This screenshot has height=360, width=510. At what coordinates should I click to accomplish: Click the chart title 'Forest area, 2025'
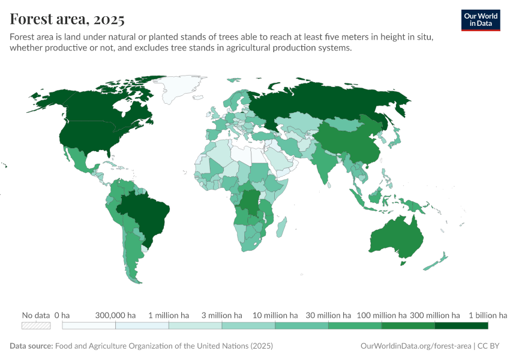(67, 19)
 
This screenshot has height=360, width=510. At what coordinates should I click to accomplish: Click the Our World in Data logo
(480, 20)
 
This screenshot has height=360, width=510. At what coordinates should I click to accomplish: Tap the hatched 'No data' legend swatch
(36, 325)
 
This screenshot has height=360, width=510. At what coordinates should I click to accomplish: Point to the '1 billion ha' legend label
(488, 315)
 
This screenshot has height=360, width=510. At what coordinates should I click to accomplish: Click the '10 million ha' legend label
(275, 315)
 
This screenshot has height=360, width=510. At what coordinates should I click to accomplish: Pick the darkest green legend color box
(461, 325)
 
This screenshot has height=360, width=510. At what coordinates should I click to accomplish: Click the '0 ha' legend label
(62, 315)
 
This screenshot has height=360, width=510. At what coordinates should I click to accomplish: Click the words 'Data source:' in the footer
(31, 346)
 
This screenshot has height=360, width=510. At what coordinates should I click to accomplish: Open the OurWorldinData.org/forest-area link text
(416, 346)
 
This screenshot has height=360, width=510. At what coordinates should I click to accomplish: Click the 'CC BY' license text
(488, 346)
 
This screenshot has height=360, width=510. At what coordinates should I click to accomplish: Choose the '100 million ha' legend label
(382, 315)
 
